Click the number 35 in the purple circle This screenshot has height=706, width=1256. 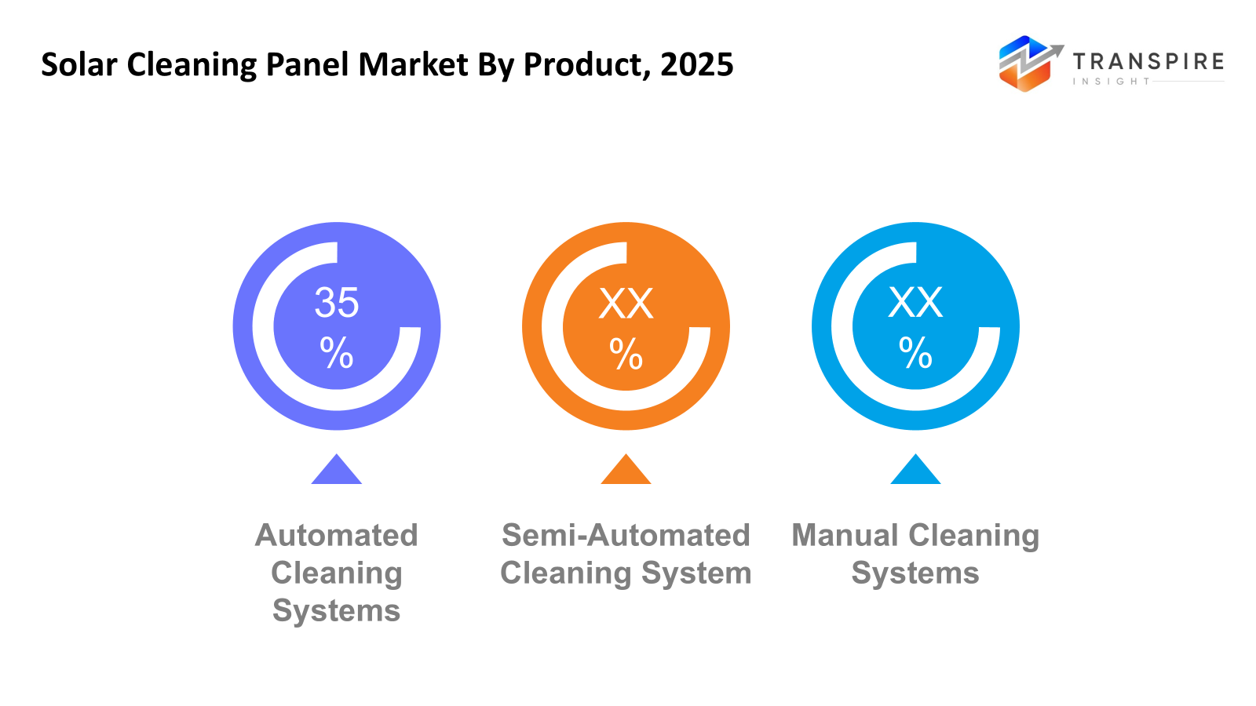[337, 303]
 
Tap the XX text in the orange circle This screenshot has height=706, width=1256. [626, 304]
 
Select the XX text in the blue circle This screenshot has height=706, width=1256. [915, 303]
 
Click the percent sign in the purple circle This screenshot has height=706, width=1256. [337, 353]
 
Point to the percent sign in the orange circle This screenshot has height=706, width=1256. [626, 354]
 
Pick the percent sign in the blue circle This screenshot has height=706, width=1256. [915, 353]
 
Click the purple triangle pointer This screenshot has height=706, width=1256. [337, 471]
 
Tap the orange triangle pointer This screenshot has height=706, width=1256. [626, 471]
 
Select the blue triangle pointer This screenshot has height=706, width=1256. [915, 471]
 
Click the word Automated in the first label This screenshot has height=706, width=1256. [337, 536]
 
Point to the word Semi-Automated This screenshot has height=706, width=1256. [626, 536]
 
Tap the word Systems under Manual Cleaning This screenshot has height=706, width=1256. [915, 573]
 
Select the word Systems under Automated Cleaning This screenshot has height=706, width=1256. [337, 611]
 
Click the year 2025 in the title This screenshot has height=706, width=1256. [696, 64]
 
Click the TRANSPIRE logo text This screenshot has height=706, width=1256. [1148, 62]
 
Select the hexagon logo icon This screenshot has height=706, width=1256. [1025, 64]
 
